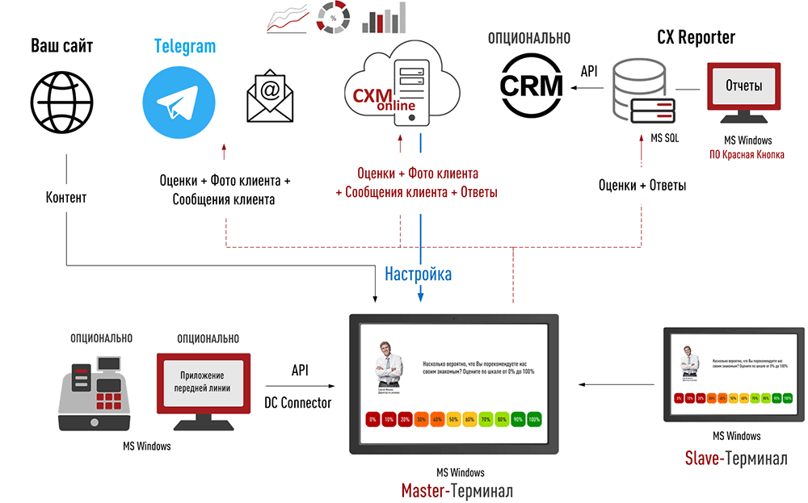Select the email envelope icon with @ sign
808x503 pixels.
coord(270,99)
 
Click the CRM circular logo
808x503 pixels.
coord(530,85)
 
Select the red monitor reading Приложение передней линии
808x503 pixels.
coord(202,387)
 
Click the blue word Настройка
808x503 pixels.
coord(418,274)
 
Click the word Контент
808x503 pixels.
coord(65,197)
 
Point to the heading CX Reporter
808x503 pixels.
coord(696,37)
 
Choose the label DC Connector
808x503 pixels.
coord(298,402)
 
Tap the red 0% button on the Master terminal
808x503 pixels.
coord(372,420)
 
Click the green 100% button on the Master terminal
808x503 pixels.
coord(533,420)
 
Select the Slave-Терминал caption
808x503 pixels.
coord(735,459)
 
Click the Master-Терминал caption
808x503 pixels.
coord(457,490)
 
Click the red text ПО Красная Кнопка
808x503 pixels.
coord(747,154)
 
